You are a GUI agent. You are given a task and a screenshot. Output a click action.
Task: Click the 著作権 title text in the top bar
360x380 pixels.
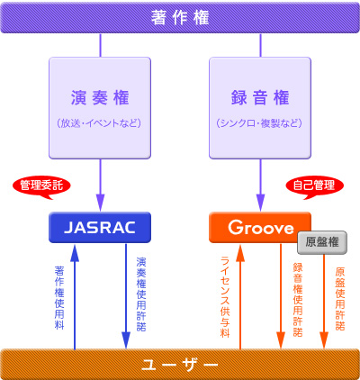(x=180, y=17)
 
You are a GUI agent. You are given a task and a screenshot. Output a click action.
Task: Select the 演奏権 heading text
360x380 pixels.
(x=100, y=98)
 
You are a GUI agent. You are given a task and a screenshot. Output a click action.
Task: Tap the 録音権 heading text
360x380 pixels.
(x=260, y=98)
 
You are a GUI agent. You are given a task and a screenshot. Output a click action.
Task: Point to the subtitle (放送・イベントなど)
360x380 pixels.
(x=99, y=123)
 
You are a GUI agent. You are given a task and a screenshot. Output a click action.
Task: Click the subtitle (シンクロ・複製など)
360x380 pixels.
(x=259, y=123)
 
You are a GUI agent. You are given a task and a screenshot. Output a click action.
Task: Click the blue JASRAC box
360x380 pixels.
(x=100, y=227)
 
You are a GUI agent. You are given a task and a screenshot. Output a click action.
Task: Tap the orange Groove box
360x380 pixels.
(x=260, y=227)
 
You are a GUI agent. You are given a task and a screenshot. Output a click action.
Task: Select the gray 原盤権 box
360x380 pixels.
(x=322, y=242)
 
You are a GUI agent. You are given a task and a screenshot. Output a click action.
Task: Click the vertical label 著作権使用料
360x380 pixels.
(x=59, y=297)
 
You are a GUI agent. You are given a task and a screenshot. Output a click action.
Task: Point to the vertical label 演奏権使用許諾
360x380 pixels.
(x=141, y=294)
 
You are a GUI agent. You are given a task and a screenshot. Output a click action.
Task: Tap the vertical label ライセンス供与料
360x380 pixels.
(x=225, y=297)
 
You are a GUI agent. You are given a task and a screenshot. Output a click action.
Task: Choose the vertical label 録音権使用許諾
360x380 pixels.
(x=298, y=300)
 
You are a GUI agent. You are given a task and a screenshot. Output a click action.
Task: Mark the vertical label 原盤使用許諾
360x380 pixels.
(x=340, y=299)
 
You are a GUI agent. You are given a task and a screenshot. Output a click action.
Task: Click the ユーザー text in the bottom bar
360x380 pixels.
(x=180, y=365)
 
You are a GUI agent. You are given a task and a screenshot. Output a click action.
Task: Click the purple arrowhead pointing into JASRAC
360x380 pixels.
(x=100, y=203)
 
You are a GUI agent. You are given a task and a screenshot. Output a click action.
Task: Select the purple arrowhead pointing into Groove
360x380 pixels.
(x=260, y=203)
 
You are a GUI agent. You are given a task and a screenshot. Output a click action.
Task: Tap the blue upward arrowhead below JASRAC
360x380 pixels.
(x=75, y=253)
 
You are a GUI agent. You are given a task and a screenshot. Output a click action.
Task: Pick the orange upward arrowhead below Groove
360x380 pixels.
(x=240, y=253)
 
